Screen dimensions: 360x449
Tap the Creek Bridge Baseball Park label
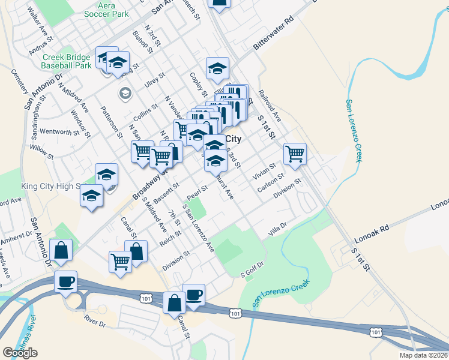pyautogui.click(x=67, y=61)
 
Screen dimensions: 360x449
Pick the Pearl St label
pyautogui.click(x=197, y=193)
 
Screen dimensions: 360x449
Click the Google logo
pyautogui.click(x=20, y=352)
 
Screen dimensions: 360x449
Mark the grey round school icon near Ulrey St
pyautogui.click(x=125, y=92)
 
